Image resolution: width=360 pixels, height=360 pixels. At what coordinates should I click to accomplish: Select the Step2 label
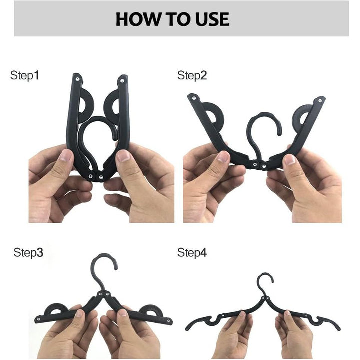[x=192, y=76]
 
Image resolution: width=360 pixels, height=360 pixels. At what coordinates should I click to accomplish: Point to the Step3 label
[x=28, y=252]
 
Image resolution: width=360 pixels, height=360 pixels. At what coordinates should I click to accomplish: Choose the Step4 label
[x=192, y=252]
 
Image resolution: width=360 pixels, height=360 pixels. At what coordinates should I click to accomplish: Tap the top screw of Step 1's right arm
[x=123, y=78]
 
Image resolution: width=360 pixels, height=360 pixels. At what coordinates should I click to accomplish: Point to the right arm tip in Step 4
[x=339, y=328]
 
